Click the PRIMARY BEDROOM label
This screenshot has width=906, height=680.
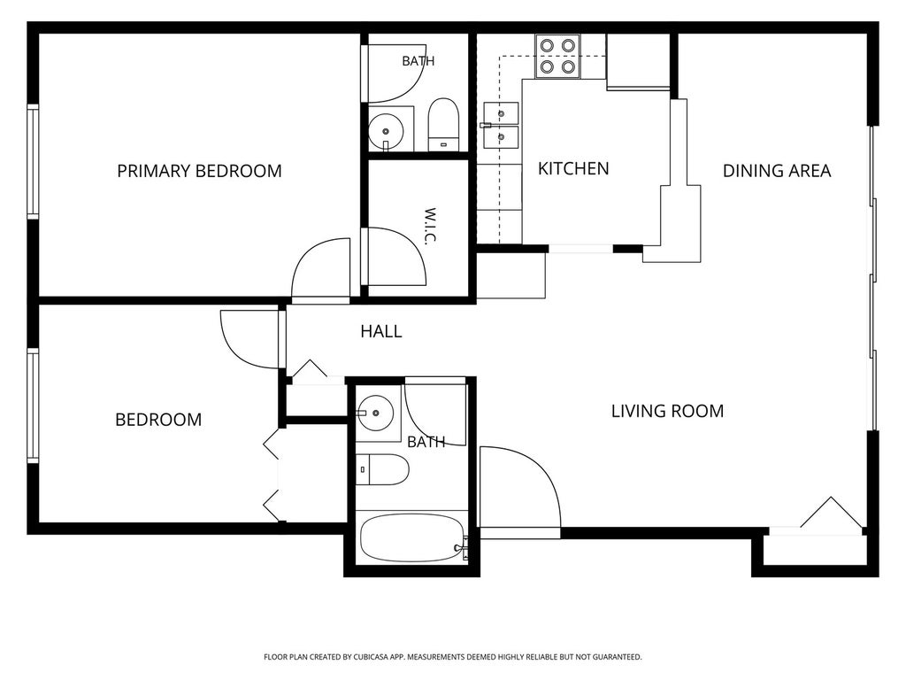[x=199, y=171]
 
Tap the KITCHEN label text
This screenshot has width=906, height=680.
[x=573, y=169]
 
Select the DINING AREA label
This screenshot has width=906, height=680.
[x=777, y=171]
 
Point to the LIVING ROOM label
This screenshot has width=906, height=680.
[x=667, y=411]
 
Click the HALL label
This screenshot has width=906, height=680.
[x=380, y=331]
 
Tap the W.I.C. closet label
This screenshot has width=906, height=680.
[x=429, y=226]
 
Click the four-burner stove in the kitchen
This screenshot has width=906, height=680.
[x=557, y=56]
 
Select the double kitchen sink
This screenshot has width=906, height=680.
[x=501, y=126]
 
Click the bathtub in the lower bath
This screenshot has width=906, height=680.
[x=412, y=538]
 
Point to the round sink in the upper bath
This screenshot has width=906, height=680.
[x=386, y=131]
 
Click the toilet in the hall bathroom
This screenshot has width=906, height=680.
[x=382, y=469]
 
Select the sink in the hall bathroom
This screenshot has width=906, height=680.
[x=375, y=413]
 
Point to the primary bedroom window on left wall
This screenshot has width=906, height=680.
[x=33, y=162]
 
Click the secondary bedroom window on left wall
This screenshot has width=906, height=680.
[x=33, y=406]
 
